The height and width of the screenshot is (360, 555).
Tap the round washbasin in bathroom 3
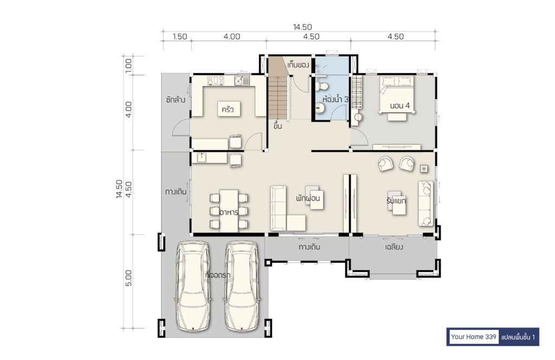tap(320, 108)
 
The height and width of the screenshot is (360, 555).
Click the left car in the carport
tap(193, 286)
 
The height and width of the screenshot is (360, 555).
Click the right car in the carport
tap(242, 286)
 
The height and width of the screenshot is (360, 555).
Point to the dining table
tap(229, 211)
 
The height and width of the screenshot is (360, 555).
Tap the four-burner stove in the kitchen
tap(216, 81)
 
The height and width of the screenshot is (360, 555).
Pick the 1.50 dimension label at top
tap(180, 36)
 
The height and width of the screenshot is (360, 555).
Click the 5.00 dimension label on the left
tap(128, 278)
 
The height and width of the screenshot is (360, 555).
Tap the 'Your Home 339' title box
tap(474, 337)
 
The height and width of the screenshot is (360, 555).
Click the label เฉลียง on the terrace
tap(394, 247)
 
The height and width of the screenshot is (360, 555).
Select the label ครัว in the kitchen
tap(228, 110)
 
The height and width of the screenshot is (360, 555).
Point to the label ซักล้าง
tap(176, 100)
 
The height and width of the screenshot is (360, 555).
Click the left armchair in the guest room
tap(385, 164)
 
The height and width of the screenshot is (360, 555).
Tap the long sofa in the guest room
tap(426, 203)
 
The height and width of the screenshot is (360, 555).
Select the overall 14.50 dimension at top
tap(302, 27)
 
